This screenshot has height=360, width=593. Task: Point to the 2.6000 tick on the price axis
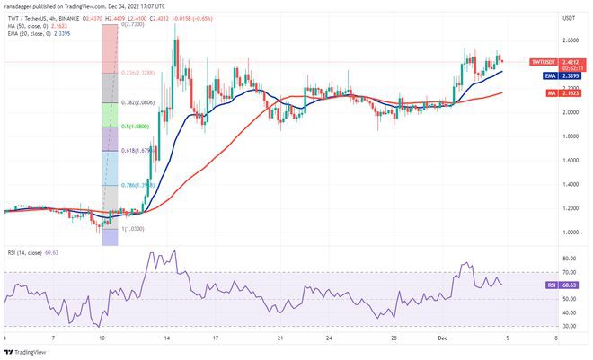(x=545, y=40)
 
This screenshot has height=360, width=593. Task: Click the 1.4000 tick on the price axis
(x=545, y=184)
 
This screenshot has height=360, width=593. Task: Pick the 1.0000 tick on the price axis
(x=545, y=232)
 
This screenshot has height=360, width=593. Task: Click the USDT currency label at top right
(x=543, y=17)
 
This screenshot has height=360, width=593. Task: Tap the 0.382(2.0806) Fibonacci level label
(x=137, y=103)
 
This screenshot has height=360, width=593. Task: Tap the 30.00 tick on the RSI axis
(x=544, y=327)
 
